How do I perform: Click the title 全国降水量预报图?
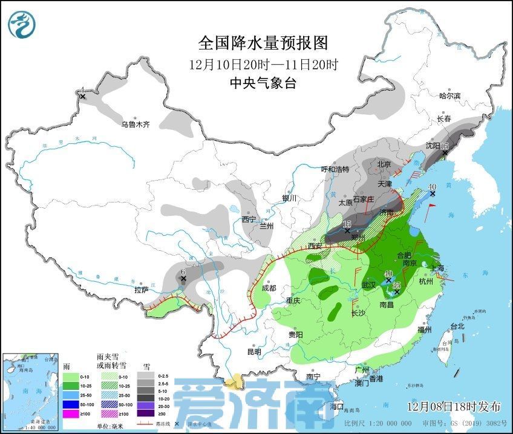(263, 44)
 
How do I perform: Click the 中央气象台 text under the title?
(263, 84)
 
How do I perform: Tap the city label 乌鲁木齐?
(134, 125)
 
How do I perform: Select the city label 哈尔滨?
(449, 96)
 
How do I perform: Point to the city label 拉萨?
(142, 290)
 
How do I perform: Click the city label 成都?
(269, 288)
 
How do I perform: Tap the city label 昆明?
(255, 351)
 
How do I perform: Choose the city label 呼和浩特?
(335, 169)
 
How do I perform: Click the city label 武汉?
(369, 284)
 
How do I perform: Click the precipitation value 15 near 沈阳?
(445, 146)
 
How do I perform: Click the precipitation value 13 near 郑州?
(347, 224)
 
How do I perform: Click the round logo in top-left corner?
(22, 24)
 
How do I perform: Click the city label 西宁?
(249, 219)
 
